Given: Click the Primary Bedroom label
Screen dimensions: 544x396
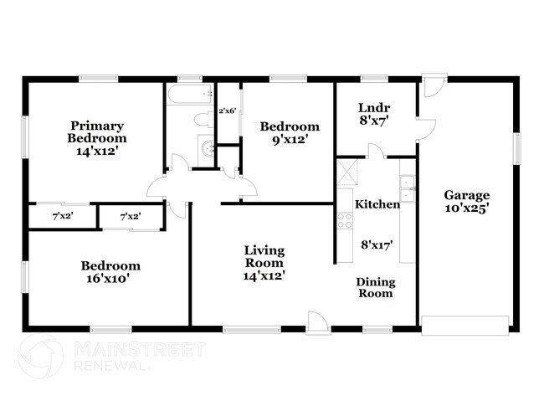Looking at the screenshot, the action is click(97, 132).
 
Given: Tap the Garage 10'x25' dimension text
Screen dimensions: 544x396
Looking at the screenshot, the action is click(467, 208).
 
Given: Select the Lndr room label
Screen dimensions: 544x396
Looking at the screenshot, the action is click(374, 108).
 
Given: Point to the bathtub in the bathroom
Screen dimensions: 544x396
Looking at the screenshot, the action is click(189, 94).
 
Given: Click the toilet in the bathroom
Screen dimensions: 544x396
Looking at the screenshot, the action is click(204, 120).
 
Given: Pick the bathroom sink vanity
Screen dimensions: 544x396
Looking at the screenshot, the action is click(207, 150).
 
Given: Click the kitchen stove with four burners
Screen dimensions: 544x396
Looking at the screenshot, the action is click(345, 221).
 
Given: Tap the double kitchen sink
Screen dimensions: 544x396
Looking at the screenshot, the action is click(408, 188).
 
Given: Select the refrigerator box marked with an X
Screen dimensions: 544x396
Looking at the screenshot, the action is click(346, 172).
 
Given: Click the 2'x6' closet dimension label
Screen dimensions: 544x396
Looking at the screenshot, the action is click(228, 111).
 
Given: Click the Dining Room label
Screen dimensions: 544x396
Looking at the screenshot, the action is click(376, 288).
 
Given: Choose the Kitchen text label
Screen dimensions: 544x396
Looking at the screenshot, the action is click(377, 204).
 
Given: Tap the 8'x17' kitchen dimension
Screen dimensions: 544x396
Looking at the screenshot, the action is click(377, 245).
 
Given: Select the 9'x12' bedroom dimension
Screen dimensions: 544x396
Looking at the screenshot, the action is click(290, 140).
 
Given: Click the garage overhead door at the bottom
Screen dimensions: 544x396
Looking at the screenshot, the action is click(464, 325).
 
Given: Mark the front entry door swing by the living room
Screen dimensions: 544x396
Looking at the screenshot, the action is click(317, 323).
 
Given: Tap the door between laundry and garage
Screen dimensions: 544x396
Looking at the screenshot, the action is click(426, 130).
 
